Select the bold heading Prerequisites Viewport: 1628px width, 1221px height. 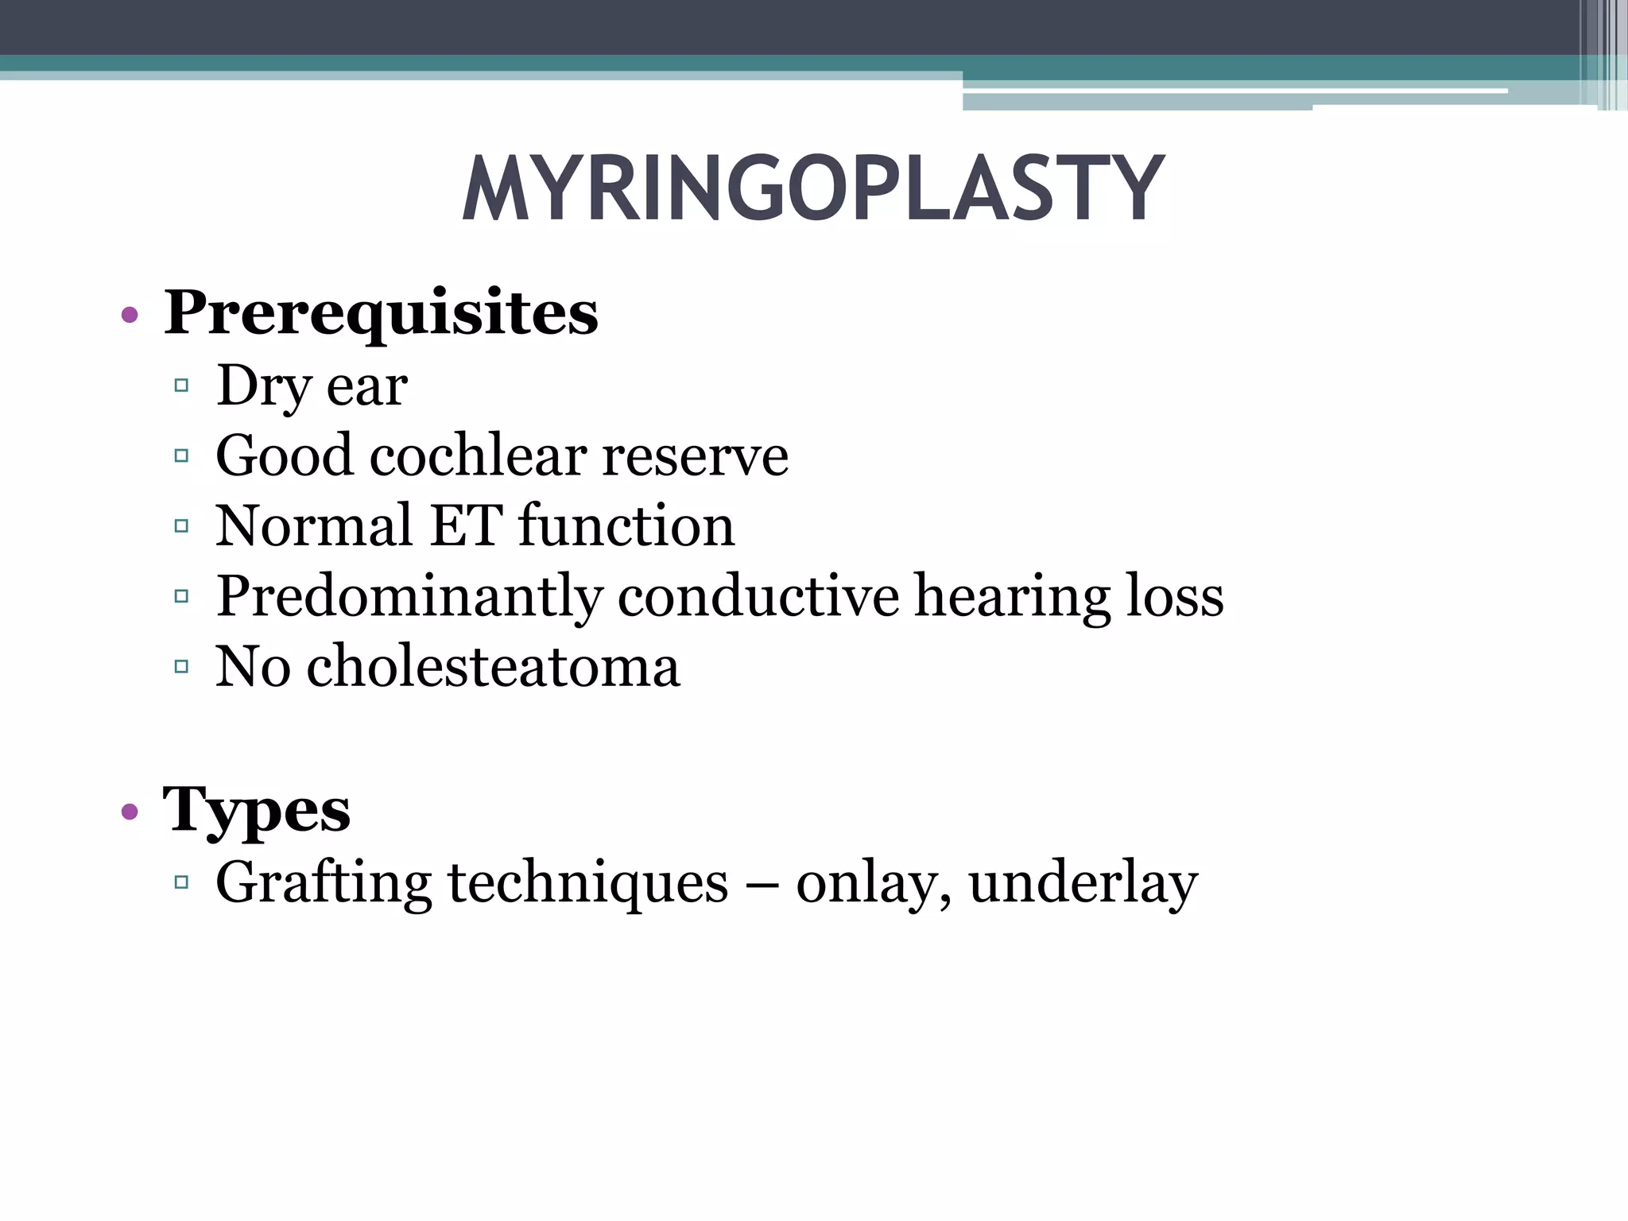point(381,313)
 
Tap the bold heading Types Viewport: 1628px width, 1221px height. point(256,810)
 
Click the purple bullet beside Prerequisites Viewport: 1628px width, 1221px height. point(130,316)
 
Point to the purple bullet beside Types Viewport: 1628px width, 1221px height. point(130,812)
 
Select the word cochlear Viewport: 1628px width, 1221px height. point(478,456)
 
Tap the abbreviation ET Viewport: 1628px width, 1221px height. point(466,526)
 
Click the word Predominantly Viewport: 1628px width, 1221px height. point(409,597)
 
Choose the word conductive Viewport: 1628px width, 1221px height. point(758,595)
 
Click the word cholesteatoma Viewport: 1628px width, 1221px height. point(493,666)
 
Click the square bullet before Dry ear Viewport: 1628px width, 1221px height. point(181,386)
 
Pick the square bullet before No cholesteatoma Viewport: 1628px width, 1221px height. point(181,666)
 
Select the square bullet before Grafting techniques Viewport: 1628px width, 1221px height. point(181,882)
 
